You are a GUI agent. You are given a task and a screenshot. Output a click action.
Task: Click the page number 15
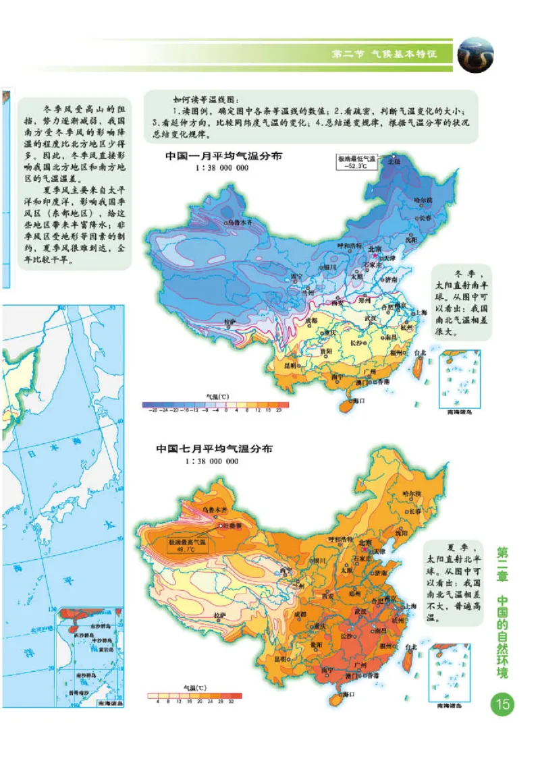click(x=503, y=705)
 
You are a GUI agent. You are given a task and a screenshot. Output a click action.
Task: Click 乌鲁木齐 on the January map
click(x=240, y=221)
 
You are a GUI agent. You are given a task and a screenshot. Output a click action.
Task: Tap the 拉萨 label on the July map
click(x=221, y=615)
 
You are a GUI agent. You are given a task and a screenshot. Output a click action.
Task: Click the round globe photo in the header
click(x=476, y=55)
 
